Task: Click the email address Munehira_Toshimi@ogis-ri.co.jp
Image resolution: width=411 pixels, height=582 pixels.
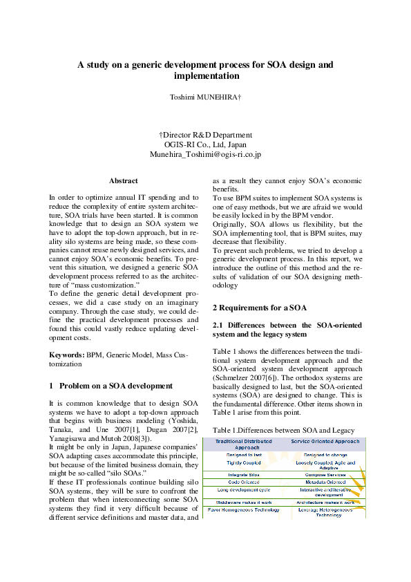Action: [x=205, y=155]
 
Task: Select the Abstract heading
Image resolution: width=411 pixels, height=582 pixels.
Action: [x=123, y=180]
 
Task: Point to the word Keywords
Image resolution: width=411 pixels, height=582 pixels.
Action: [x=66, y=355]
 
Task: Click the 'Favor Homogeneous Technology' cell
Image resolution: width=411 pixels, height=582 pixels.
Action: [x=243, y=509]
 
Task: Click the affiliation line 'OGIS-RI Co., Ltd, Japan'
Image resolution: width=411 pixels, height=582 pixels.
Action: [x=205, y=145]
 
